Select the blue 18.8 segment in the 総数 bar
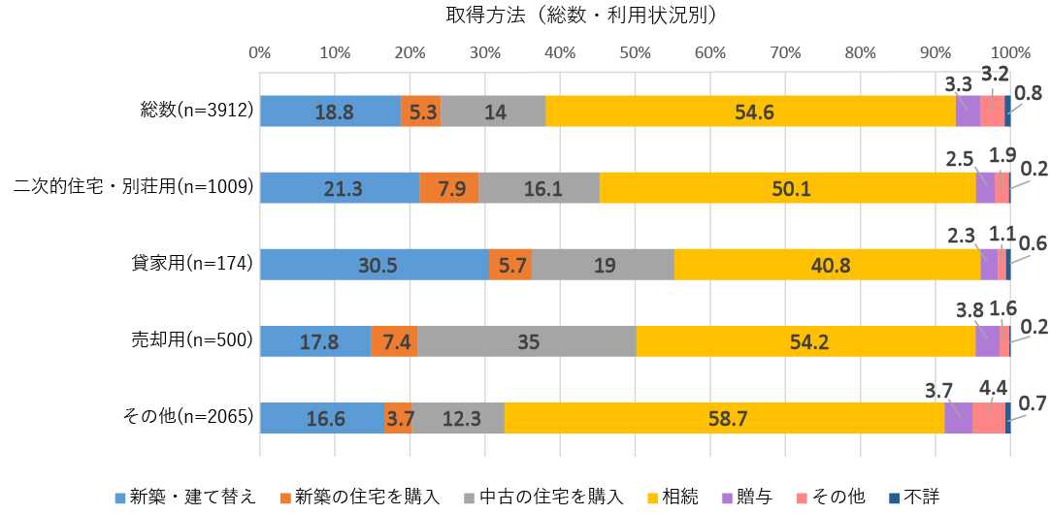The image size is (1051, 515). pos(330,112)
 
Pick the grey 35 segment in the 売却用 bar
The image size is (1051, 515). pos(526,341)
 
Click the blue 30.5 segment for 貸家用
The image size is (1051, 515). pos(374,265)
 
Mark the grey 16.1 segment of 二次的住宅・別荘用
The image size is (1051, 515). pos(539,188)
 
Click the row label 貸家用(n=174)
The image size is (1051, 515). pos(192,264)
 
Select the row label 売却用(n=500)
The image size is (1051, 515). pos(192,340)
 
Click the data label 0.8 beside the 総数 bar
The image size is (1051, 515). pos(1027,94)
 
